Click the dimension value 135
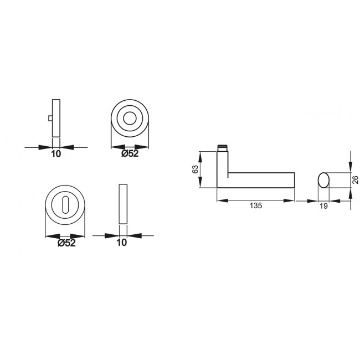click(x=255, y=205)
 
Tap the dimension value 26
click(x=356, y=179)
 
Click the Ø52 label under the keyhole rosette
click(x=66, y=242)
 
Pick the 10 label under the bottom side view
click(x=122, y=242)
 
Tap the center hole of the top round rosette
click(x=131, y=119)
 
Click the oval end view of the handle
click(x=324, y=179)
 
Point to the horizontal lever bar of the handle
click(x=260, y=179)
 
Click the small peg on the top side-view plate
click(x=50, y=118)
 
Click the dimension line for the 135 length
click(x=255, y=199)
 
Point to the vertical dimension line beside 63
click(x=201, y=169)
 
